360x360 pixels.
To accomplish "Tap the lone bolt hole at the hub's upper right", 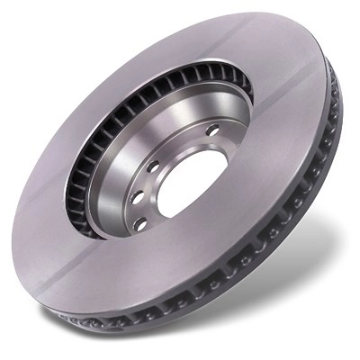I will [212, 131].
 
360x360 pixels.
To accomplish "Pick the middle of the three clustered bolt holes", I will [136, 196].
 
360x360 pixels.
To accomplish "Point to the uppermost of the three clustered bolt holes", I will [153, 166].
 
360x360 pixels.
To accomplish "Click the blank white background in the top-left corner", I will [27, 27].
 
